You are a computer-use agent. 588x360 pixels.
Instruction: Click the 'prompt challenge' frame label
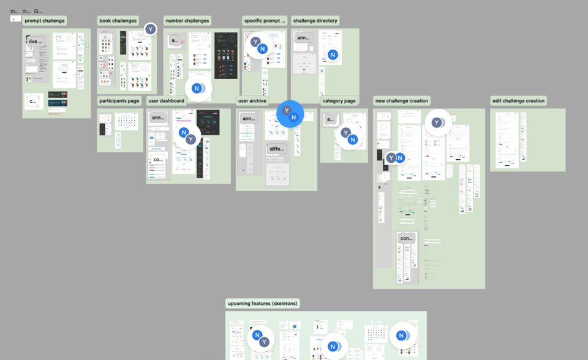pos(45,21)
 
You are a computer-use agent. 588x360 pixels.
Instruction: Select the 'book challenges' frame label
pos(118,21)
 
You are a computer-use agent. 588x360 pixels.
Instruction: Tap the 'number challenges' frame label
pos(187,21)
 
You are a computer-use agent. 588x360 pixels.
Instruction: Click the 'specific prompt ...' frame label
pos(265,21)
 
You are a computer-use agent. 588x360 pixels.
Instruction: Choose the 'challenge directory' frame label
pos(315,21)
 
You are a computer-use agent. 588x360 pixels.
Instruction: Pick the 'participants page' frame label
pos(119,101)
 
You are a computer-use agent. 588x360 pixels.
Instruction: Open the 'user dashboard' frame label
pos(167,101)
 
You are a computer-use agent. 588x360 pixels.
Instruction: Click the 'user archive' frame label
pos(252,101)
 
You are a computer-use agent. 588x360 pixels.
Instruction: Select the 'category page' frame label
pos(339,101)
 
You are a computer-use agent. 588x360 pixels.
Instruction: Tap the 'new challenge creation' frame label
pos(402,101)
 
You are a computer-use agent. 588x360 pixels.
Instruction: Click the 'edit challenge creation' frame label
pos(519,101)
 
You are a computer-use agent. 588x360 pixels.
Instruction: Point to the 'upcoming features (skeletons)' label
pos(263,304)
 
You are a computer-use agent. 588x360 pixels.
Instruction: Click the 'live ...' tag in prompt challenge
pos(36,42)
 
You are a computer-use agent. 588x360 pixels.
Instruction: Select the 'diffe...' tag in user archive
pos(277,149)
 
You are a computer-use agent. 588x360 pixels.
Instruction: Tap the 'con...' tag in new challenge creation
pos(406,238)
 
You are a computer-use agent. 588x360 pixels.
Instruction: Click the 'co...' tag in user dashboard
pos(158,159)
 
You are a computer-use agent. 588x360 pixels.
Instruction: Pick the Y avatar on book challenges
pos(151,29)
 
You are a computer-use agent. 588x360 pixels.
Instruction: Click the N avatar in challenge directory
pos(333,54)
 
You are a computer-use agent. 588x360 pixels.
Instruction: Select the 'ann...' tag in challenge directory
pos(303,38)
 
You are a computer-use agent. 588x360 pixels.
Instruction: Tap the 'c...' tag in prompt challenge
pos(34,101)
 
